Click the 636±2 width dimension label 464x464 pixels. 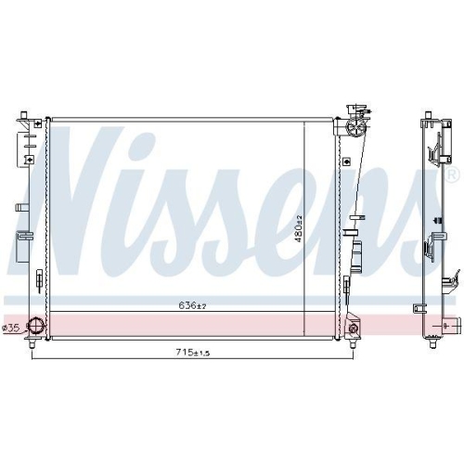tap(192, 305)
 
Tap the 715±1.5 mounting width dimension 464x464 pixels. tap(193, 352)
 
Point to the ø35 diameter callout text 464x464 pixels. tap(11, 329)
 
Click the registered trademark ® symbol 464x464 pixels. tap(452, 175)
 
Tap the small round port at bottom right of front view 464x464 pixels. tap(353, 329)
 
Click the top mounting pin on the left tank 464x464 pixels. tap(23, 115)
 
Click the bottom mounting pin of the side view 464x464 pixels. tap(432, 343)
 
